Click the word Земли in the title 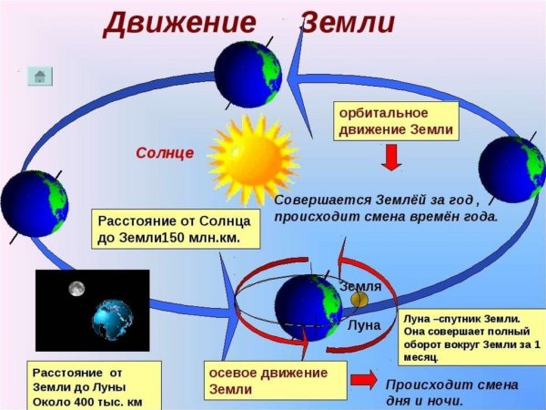pos(348,21)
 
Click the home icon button pos(39,76)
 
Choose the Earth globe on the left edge pos(33,203)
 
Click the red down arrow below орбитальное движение pos(390,159)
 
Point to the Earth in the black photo pos(113,318)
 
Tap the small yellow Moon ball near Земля pos(359,299)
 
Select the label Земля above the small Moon pos(360,286)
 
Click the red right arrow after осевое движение pos(365,378)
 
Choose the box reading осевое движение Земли pos(275,380)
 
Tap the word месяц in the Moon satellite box pos(426,358)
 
